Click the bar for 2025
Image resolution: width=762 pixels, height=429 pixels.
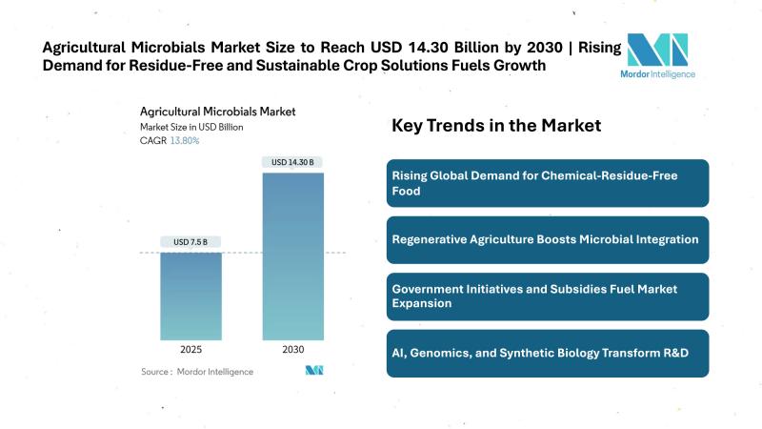190,296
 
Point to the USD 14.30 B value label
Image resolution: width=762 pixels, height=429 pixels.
292,161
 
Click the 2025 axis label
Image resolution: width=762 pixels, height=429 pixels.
190,351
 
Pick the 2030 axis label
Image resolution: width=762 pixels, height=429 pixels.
292,351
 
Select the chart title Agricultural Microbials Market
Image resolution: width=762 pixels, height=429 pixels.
216,112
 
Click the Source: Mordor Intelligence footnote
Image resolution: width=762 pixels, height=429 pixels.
197,371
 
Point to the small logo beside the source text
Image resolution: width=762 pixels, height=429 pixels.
315,370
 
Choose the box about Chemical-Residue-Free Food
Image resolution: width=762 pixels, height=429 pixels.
548,183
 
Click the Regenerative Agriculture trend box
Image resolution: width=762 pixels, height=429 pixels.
548,239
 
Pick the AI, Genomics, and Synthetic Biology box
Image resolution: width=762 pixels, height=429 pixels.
548,354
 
